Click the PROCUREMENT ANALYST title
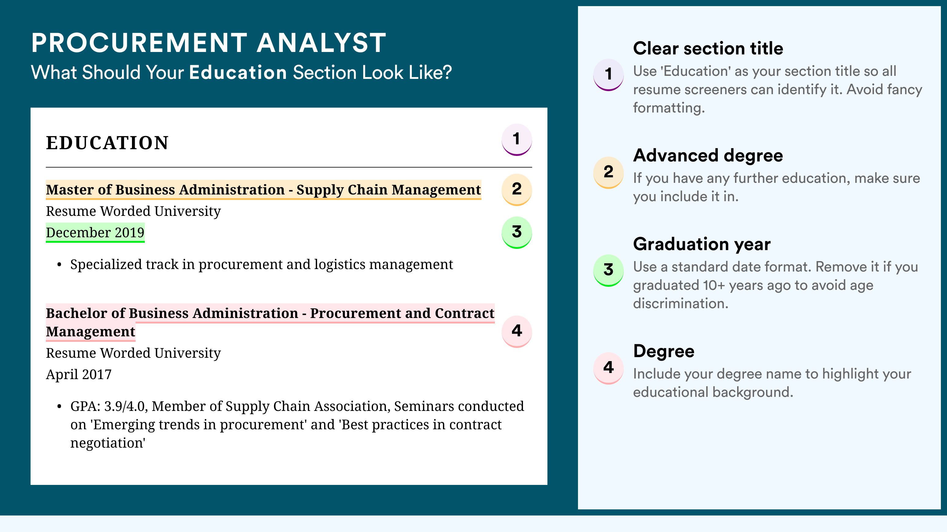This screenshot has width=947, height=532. coord(208,43)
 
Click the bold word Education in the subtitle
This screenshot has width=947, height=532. coord(238,72)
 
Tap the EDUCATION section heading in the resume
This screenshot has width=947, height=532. coord(107,143)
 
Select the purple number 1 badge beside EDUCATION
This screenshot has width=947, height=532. coord(517,139)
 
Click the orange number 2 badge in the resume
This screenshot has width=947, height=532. coord(517,190)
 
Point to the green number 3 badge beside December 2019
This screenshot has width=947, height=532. coord(517,232)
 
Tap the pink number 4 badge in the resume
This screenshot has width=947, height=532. coord(517,331)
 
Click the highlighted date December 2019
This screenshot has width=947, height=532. coord(95,232)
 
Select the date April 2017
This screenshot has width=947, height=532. coord(79,375)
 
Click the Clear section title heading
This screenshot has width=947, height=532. coord(708,48)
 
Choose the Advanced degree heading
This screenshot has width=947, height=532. coord(708,156)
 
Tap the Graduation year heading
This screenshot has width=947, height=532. coord(702,244)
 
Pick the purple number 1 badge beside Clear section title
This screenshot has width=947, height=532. coord(609,75)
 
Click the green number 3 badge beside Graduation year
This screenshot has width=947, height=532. coord(609,270)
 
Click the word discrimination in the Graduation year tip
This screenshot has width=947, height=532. coord(681,304)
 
